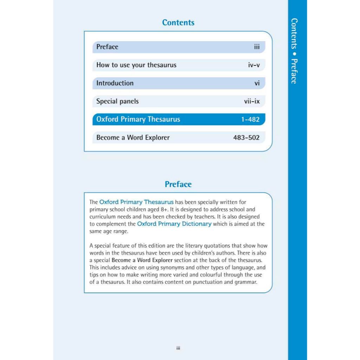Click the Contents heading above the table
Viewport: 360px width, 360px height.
[178, 22]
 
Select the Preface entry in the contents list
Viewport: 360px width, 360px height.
[107, 47]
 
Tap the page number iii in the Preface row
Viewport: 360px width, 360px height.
[257, 47]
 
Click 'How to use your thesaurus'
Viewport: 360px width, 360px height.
[136, 65]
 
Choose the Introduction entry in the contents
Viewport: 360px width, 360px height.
[115, 83]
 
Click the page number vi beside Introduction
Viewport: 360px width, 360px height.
[257, 83]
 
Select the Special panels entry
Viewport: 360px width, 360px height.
[117, 101]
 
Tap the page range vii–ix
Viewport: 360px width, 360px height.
[252, 101]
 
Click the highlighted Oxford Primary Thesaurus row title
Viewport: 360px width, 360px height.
[138, 119]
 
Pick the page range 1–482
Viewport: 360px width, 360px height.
[250, 120]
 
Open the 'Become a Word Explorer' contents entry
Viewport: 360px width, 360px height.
[133, 137]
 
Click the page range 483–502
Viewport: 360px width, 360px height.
[246, 137]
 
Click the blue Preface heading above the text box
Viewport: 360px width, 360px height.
[178, 184]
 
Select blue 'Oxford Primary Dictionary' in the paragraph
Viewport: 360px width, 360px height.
[174, 224]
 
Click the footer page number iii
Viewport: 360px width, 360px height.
[178, 348]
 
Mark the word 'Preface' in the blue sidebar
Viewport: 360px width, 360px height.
[295, 71]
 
